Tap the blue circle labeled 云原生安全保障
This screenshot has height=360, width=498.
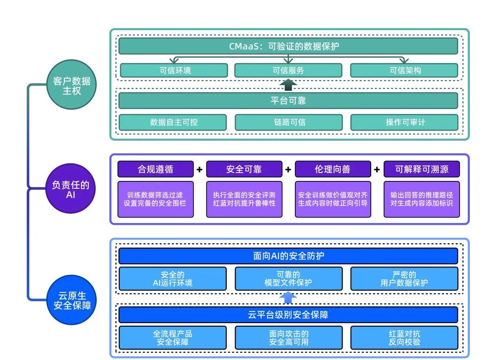(72, 300)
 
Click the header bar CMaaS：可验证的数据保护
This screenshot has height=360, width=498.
(288, 46)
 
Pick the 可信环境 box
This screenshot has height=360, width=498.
(174, 70)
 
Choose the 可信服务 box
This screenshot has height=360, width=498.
(288, 70)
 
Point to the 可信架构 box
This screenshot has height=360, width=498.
(404, 70)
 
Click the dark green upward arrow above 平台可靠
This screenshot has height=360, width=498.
(288, 85)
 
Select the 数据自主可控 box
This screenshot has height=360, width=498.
(173, 122)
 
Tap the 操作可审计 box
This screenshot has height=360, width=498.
(404, 122)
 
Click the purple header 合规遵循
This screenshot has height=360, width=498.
(156, 169)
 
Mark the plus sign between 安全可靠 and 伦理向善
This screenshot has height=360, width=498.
(288, 170)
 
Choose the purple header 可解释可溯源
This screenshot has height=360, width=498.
(422, 169)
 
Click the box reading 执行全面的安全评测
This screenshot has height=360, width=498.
(244, 199)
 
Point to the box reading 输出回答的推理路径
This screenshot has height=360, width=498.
(422, 199)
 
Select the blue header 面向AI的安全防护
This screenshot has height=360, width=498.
(288, 256)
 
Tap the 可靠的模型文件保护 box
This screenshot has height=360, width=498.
(288, 279)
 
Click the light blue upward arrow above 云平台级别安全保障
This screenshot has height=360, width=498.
(288, 298)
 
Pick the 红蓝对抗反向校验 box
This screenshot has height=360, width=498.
(404, 338)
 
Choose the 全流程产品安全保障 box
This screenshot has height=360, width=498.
(173, 338)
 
